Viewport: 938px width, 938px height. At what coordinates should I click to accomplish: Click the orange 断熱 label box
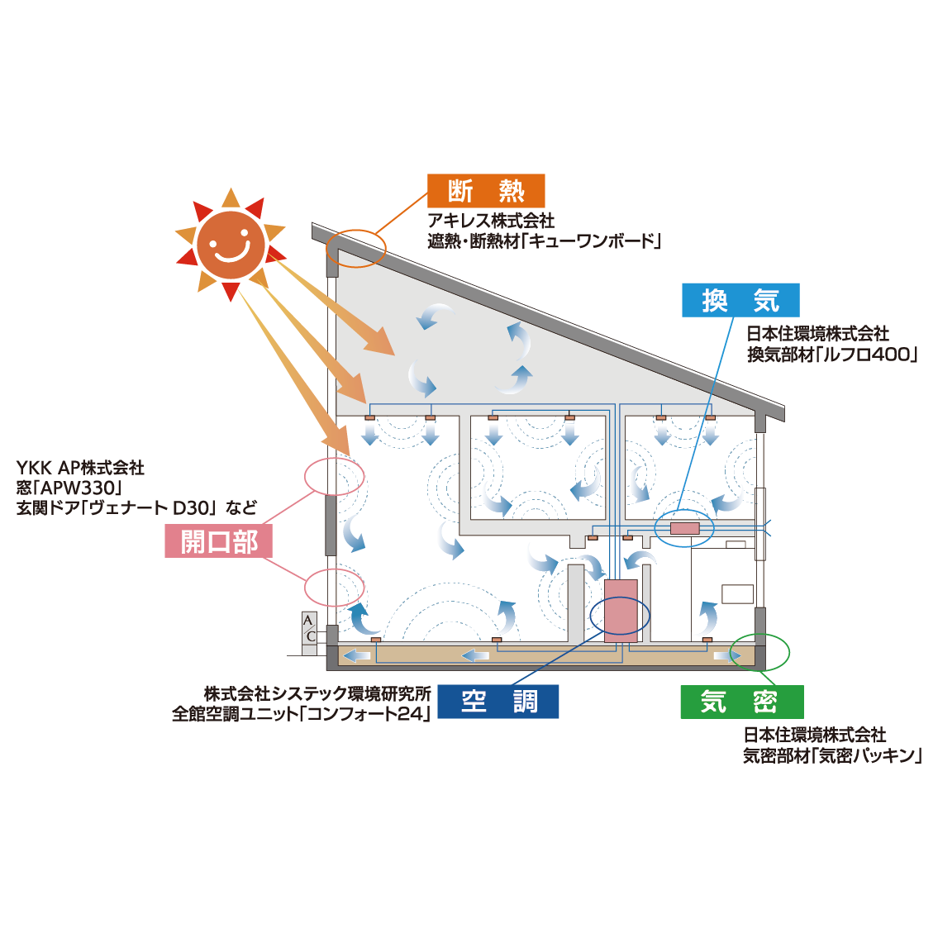[x=486, y=191]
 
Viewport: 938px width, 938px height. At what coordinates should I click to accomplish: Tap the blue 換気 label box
[x=740, y=300]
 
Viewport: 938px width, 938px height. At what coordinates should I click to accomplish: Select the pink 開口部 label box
[x=219, y=542]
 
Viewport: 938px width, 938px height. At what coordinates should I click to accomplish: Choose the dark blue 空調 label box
[x=498, y=702]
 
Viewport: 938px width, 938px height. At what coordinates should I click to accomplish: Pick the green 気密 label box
[x=741, y=702]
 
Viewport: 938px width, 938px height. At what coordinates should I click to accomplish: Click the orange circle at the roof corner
[x=356, y=247]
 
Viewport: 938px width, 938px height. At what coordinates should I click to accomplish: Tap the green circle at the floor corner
[x=761, y=652]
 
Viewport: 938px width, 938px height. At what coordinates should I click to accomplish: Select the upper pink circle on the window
[x=335, y=477]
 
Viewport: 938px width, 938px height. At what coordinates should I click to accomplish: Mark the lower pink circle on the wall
[x=335, y=588]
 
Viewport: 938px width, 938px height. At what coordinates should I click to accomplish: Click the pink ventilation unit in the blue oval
[x=684, y=528]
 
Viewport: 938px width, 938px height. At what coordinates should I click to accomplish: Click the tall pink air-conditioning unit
[x=621, y=611]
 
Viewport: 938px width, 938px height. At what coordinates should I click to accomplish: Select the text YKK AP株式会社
[x=80, y=468]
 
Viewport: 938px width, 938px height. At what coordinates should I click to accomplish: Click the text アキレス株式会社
[x=491, y=221]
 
